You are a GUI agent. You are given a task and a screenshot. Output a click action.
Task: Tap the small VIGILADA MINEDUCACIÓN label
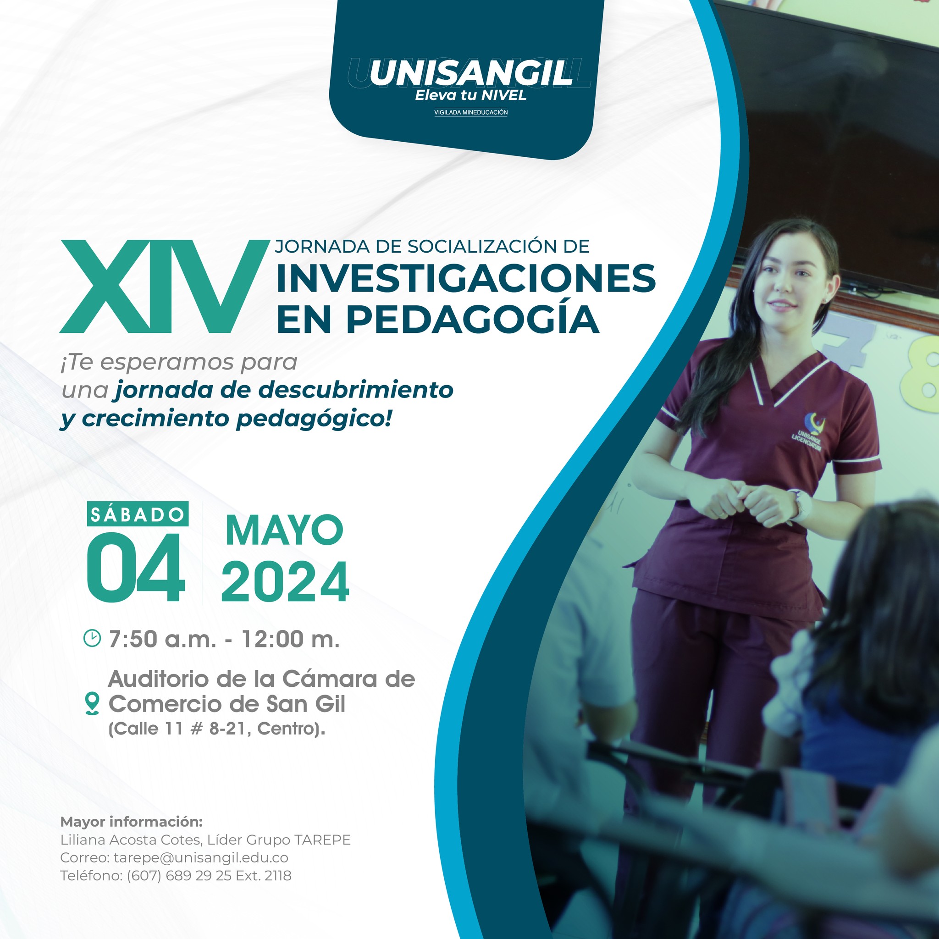470,112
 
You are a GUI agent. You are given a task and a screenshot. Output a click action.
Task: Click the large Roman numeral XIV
164,286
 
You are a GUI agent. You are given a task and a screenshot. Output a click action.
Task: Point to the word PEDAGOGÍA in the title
474,319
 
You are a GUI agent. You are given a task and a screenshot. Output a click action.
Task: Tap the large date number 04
136,568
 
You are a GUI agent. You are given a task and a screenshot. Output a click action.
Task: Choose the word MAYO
284,531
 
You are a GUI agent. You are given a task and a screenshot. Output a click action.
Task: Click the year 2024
285,581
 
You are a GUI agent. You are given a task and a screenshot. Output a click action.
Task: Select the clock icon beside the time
92,638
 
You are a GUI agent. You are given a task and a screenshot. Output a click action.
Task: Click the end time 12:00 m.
291,639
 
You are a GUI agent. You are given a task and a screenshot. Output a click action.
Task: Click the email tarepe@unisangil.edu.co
201,858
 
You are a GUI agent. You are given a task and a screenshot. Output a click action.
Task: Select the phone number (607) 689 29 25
179,876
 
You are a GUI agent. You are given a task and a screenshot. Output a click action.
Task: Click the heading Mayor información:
131,822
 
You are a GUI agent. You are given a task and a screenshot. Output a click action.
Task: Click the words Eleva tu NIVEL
470,96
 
